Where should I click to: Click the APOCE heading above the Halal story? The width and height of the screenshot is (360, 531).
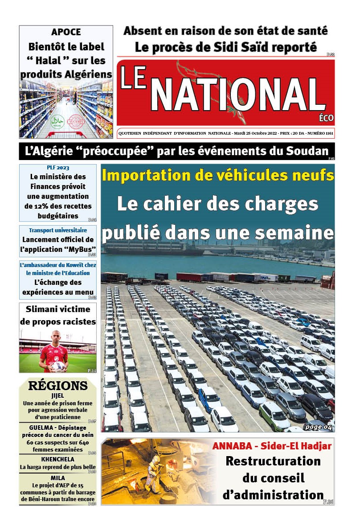pyautogui.click(x=66, y=32)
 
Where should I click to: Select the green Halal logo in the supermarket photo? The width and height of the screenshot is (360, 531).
pyautogui.click(x=57, y=121)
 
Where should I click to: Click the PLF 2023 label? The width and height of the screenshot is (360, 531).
pyautogui.click(x=58, y=168)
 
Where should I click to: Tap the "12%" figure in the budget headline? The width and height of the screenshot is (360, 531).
pyautogui.click(x=41, y=206)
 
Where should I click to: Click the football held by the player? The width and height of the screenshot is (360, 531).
pyautogui.click(x=58, y=366)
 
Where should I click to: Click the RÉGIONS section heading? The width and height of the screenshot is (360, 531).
pyautogui.click(x=57, y=386)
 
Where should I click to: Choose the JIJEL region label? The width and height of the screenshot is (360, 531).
pyautogui.click(x=57, y=395)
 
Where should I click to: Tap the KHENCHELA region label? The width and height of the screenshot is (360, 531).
pyautogui.click(x=57, y=459)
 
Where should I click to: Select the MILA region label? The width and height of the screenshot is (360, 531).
pyautogui.click(x=57, y=478)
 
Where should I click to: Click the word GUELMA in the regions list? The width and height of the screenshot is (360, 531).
pyautogui.click(x=37, y=428)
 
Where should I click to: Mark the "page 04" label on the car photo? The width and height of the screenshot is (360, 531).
pyautogui.click(x=319, y=428)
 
